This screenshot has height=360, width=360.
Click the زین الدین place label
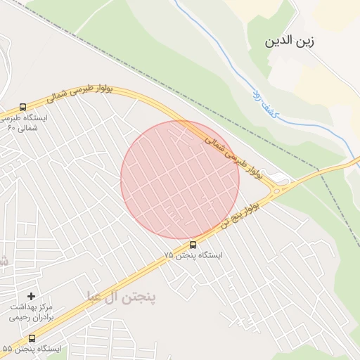click(289, 41)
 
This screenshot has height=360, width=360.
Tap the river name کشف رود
click(266, 103)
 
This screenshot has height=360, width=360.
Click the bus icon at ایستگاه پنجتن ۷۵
click(193, 245)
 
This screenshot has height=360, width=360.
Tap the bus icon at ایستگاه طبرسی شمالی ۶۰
click(23, 108)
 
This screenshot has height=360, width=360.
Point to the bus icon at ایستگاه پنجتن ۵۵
click(32, 339)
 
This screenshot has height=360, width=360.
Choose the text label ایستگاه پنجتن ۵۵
click(31, 349)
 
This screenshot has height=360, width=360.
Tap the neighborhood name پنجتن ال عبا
click(122, 295)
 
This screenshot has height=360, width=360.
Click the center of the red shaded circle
click(180, 180)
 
